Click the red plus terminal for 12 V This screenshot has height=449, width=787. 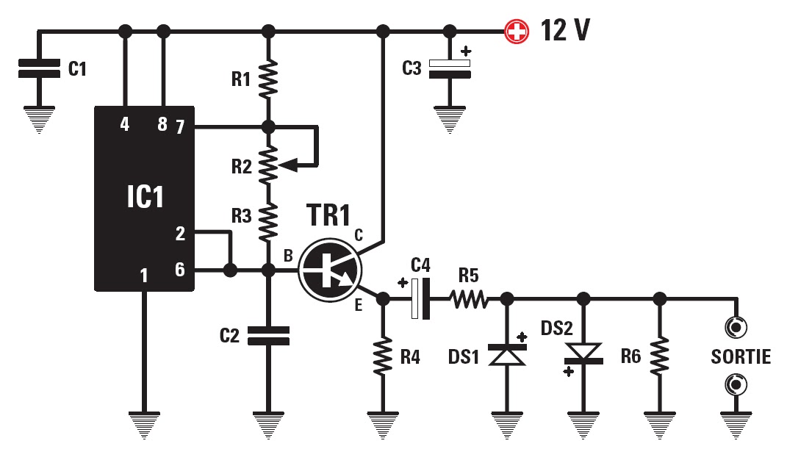pyautogui.click(x=517, y=32)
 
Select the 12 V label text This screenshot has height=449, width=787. pyautogui.click(x=565, y=31)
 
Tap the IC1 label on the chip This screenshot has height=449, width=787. pyautogui.click(x=145, y=198)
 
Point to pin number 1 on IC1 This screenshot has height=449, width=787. pyautogui.click(x=144, y=276)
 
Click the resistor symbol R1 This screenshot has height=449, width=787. pyautogui.click(x=268, y=79)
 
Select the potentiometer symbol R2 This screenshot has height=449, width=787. pyautogui.click(x=269, y=163)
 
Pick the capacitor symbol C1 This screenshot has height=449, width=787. pyautogui.click(x=39, y=70)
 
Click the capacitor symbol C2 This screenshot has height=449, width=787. pyautogui.click(x=268, y=336)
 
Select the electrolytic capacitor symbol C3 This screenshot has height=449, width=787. pyautogui.click(x=449, y=68)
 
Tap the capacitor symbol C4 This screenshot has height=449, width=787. pyautogui.click(x=421, y=299)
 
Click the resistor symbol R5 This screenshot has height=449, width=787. pyautogui.click(x=468, y=299)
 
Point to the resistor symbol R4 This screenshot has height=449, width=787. pyautogui.click(x=382, y=356)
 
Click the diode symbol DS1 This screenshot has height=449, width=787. pyautogui.click(x=506, y=356)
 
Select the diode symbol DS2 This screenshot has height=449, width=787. pyautogui.click(x=583, y=354)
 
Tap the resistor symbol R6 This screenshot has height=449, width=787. pyautogui.click(x=660, y=356)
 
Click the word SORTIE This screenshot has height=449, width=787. pyautogui.click(x=740, y=357)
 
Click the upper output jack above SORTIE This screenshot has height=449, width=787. pyautogui.click(x=733, y=326)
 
